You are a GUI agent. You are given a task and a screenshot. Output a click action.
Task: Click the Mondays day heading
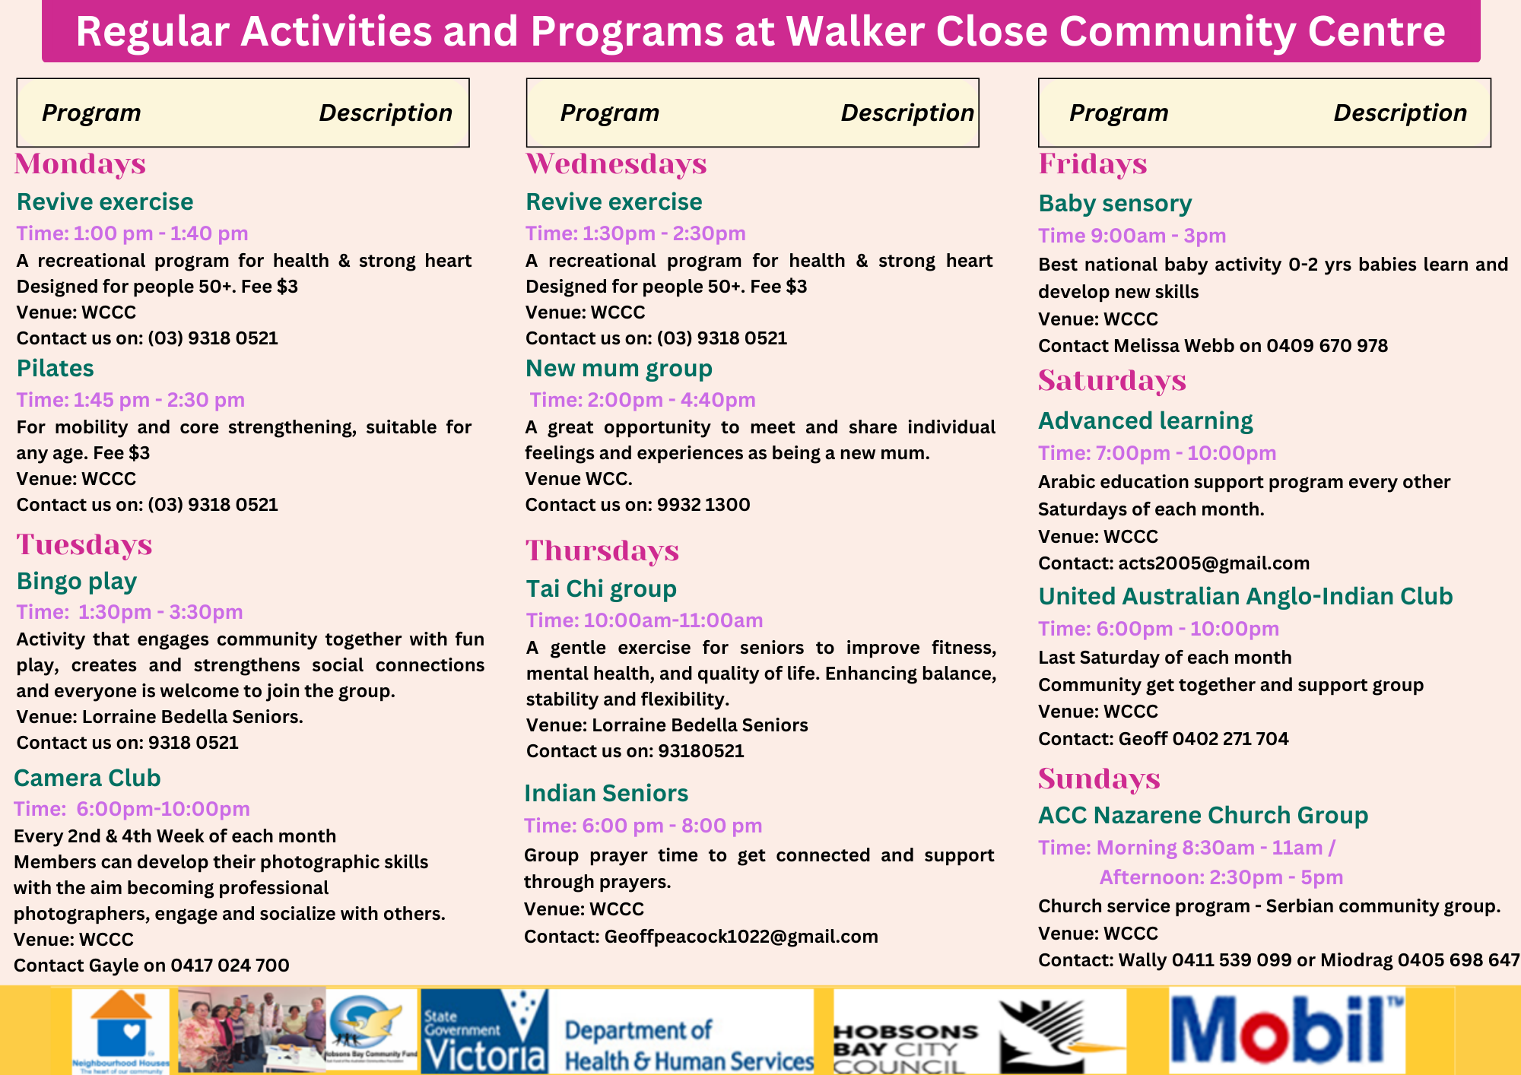pyautogui.click(x=80, y=164)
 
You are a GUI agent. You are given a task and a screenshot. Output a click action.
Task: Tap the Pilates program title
pyautogui.click(x=56, y=369)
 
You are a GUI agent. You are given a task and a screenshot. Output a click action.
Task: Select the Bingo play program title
pyautogui.click(x=77, y=582)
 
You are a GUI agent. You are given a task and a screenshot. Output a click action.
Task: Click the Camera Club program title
pyautogui.click(x=87, y=778)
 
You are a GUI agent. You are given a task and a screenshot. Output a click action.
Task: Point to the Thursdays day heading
pyautogui.click(x=602, y=551)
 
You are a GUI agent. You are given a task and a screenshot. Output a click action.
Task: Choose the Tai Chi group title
pyautogui.click(x=602, y=589)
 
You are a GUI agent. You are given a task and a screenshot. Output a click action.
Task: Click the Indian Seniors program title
pyautogui.click(x=606, y=794)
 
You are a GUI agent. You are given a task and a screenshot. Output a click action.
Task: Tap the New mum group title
pyautogui.click(x=619, y=369)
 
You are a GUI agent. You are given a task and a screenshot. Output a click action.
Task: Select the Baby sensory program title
pyautogui.click(x=1115, y=204)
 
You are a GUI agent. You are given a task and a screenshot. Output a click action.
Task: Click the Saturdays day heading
pyautogui.click(x=1112, y=381)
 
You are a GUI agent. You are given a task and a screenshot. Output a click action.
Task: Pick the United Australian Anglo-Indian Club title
pyautogui.click(x=1246, y=597)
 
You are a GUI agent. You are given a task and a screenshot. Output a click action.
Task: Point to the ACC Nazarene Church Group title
pyautogui.click(x=1203, y=816)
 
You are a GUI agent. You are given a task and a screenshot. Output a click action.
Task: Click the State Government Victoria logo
pyautogui.click(x=484, y=1031)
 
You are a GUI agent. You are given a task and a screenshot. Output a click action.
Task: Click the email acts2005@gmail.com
pyautogui.click(x=1214, y=563)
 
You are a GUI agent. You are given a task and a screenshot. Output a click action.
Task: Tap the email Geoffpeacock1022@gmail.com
pyautogui.click(x=741, y=937)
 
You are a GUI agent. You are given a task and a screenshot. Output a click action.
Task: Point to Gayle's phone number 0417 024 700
pyautogui.click(x=230, y=966)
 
